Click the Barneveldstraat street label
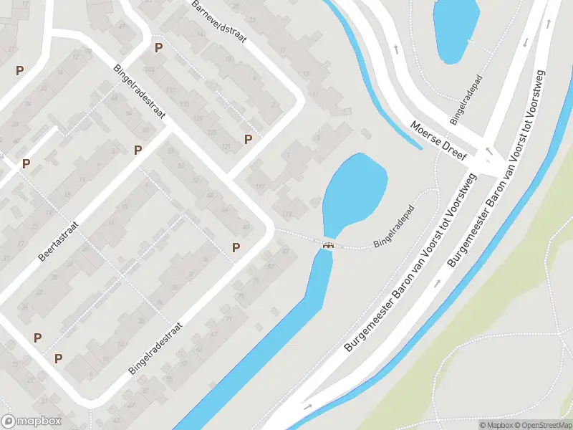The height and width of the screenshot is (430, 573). [x=220, y=21]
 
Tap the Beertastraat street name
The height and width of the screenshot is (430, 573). [x=59, y=242]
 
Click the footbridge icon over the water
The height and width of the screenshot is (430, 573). [x=329, y=245]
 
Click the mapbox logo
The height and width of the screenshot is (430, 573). [x=32, y=421]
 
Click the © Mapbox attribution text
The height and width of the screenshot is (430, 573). [x=496, y=425]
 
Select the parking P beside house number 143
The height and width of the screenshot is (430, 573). [x=159, y=48]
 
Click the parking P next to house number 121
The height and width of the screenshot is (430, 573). [x=249, y=139]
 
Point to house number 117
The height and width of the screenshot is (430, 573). [x=260, y=188]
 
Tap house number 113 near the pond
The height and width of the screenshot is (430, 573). [x=288, y=214]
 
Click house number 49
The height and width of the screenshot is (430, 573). [x=121, y=27]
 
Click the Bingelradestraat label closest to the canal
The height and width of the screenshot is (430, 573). [x=155, y=348]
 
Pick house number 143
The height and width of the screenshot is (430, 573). [x=150, y=69]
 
